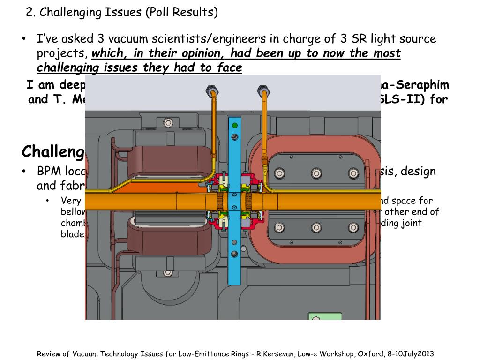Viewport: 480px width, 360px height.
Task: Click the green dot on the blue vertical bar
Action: [234, 125]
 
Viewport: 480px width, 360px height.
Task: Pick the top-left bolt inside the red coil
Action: [280, 173]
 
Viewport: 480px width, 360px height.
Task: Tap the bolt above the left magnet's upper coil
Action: [168, 123]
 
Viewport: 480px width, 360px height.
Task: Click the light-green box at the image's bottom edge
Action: [324, 316]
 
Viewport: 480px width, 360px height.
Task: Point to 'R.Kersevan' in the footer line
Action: [276, 354]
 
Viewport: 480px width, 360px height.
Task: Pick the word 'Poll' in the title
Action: [157, 12]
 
